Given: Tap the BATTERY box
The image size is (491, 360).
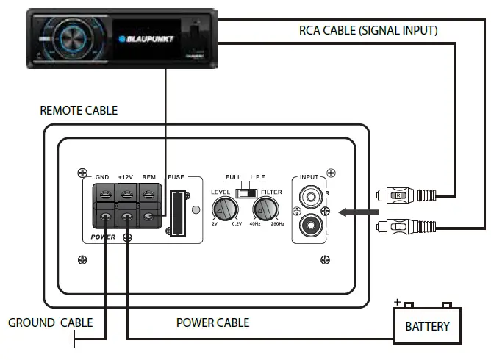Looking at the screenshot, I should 428,325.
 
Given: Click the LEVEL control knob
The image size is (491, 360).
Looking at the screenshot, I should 225,210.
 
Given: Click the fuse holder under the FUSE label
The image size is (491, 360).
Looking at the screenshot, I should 176,213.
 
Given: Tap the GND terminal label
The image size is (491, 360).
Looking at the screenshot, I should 102,177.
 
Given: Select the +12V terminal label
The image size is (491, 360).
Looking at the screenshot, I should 126,177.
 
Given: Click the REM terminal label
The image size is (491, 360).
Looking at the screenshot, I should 148,177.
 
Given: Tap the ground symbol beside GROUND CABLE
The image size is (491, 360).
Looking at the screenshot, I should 71,339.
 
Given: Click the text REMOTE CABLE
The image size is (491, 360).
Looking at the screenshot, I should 79,111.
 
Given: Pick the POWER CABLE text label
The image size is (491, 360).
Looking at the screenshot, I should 212,323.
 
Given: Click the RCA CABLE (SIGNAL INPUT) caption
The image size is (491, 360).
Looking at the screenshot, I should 368,31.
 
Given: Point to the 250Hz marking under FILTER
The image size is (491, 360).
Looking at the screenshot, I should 277,223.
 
